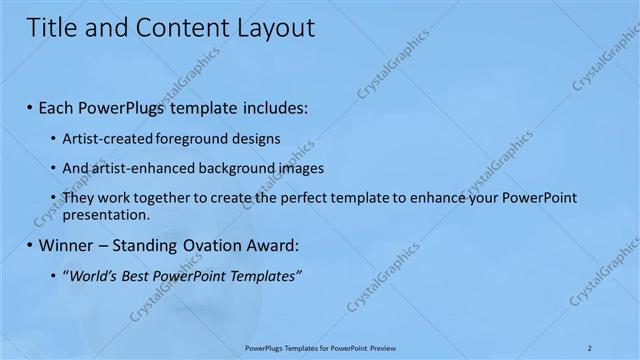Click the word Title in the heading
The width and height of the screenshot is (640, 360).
coord(52,28)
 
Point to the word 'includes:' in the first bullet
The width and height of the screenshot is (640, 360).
coord(273,106)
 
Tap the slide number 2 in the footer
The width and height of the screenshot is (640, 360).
coord(590,348)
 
